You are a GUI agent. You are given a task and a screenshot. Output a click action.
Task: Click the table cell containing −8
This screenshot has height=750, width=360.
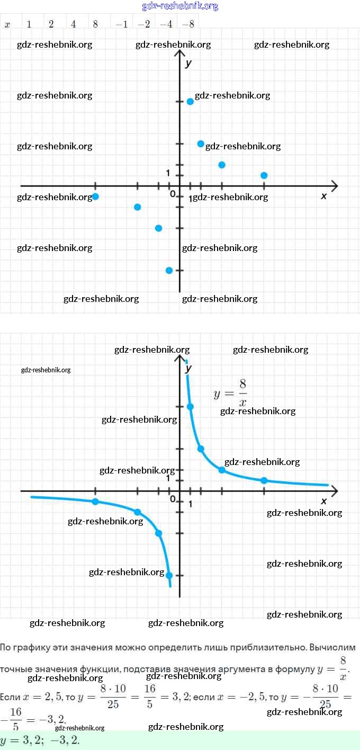coord(187,24)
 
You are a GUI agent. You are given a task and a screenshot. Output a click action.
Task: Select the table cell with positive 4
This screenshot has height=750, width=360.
coord(73,24)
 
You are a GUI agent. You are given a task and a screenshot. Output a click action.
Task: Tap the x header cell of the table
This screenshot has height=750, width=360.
coord(7,24)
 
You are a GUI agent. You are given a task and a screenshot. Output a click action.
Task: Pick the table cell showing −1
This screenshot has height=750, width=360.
coord(121,24)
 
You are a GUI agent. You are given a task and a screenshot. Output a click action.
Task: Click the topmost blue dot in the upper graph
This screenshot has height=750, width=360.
coord(190,101)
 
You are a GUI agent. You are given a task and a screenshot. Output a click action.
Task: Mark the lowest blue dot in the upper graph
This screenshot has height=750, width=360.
coord(169,270)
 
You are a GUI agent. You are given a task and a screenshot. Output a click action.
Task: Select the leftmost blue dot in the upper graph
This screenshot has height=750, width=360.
coord(95,197)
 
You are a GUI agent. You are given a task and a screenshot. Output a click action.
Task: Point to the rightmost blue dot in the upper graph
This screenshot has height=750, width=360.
coord(264,175)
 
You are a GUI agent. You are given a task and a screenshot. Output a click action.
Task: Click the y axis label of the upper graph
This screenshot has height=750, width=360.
coord(188,64)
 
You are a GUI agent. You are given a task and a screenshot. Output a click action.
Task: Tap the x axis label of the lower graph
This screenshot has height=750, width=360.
coord(324,501)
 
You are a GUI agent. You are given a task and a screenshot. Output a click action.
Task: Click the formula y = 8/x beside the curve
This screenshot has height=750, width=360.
coord(230,392)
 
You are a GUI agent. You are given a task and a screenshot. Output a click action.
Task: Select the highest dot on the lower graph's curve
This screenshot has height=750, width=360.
coord(190,407)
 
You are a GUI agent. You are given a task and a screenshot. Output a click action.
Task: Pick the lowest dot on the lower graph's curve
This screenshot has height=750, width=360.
coord(169,575)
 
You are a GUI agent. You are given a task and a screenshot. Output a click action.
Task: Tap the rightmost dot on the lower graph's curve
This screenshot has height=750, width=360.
coord(264,480)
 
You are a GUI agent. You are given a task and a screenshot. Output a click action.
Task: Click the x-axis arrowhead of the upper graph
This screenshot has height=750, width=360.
coord(334,186)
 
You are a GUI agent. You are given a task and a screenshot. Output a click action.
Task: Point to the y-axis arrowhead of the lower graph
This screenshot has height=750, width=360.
coord(179,359)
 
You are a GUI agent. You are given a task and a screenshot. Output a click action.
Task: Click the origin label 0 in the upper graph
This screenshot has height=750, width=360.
coord(173,194)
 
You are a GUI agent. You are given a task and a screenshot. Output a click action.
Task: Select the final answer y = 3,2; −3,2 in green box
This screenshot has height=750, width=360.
coord(40,740)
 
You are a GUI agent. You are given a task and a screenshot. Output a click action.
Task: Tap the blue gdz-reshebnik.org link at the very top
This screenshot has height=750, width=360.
coord(180,6)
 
